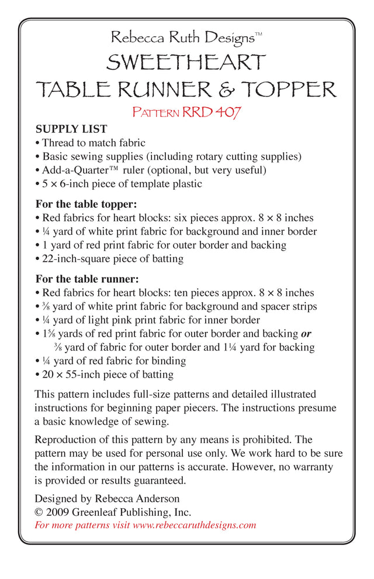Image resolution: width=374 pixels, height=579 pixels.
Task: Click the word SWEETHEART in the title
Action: point(186,62)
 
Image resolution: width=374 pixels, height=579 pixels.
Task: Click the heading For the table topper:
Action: point(86,204)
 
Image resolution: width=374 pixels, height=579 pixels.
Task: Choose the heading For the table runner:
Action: point(86,279)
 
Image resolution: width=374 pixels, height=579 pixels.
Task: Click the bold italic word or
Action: point(306,334)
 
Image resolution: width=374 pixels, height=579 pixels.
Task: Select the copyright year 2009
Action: point(58,512)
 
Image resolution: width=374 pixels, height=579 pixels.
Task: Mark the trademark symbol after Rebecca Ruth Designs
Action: point(258,36)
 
